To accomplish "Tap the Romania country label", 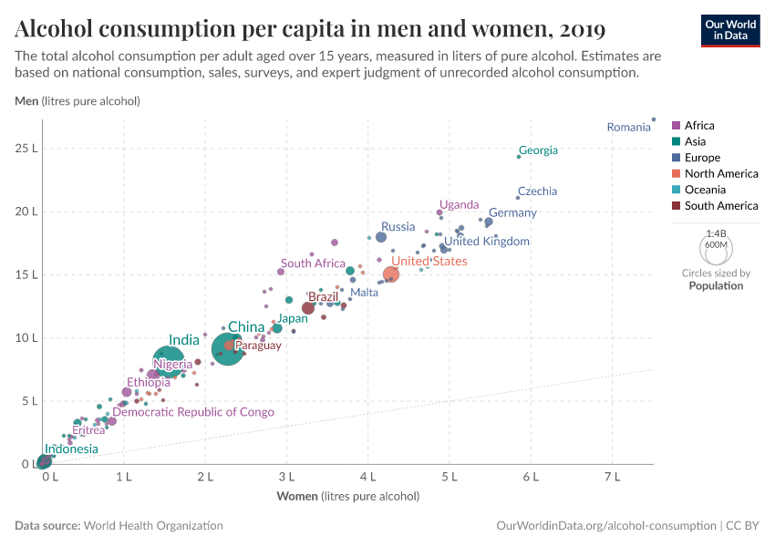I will click(629, 128).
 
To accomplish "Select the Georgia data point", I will click(519, 157).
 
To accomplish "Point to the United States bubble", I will click(391, 274).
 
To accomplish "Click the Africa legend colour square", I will click(677, 126).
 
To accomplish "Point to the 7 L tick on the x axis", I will click(612, 476).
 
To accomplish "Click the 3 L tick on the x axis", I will click(286, 476).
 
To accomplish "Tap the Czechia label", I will click(537, 191).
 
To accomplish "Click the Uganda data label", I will click(459, 204).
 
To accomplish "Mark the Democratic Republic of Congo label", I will click(193, 412).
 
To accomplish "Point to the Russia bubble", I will click(381, 237).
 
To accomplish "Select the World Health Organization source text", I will click(154, 526).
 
